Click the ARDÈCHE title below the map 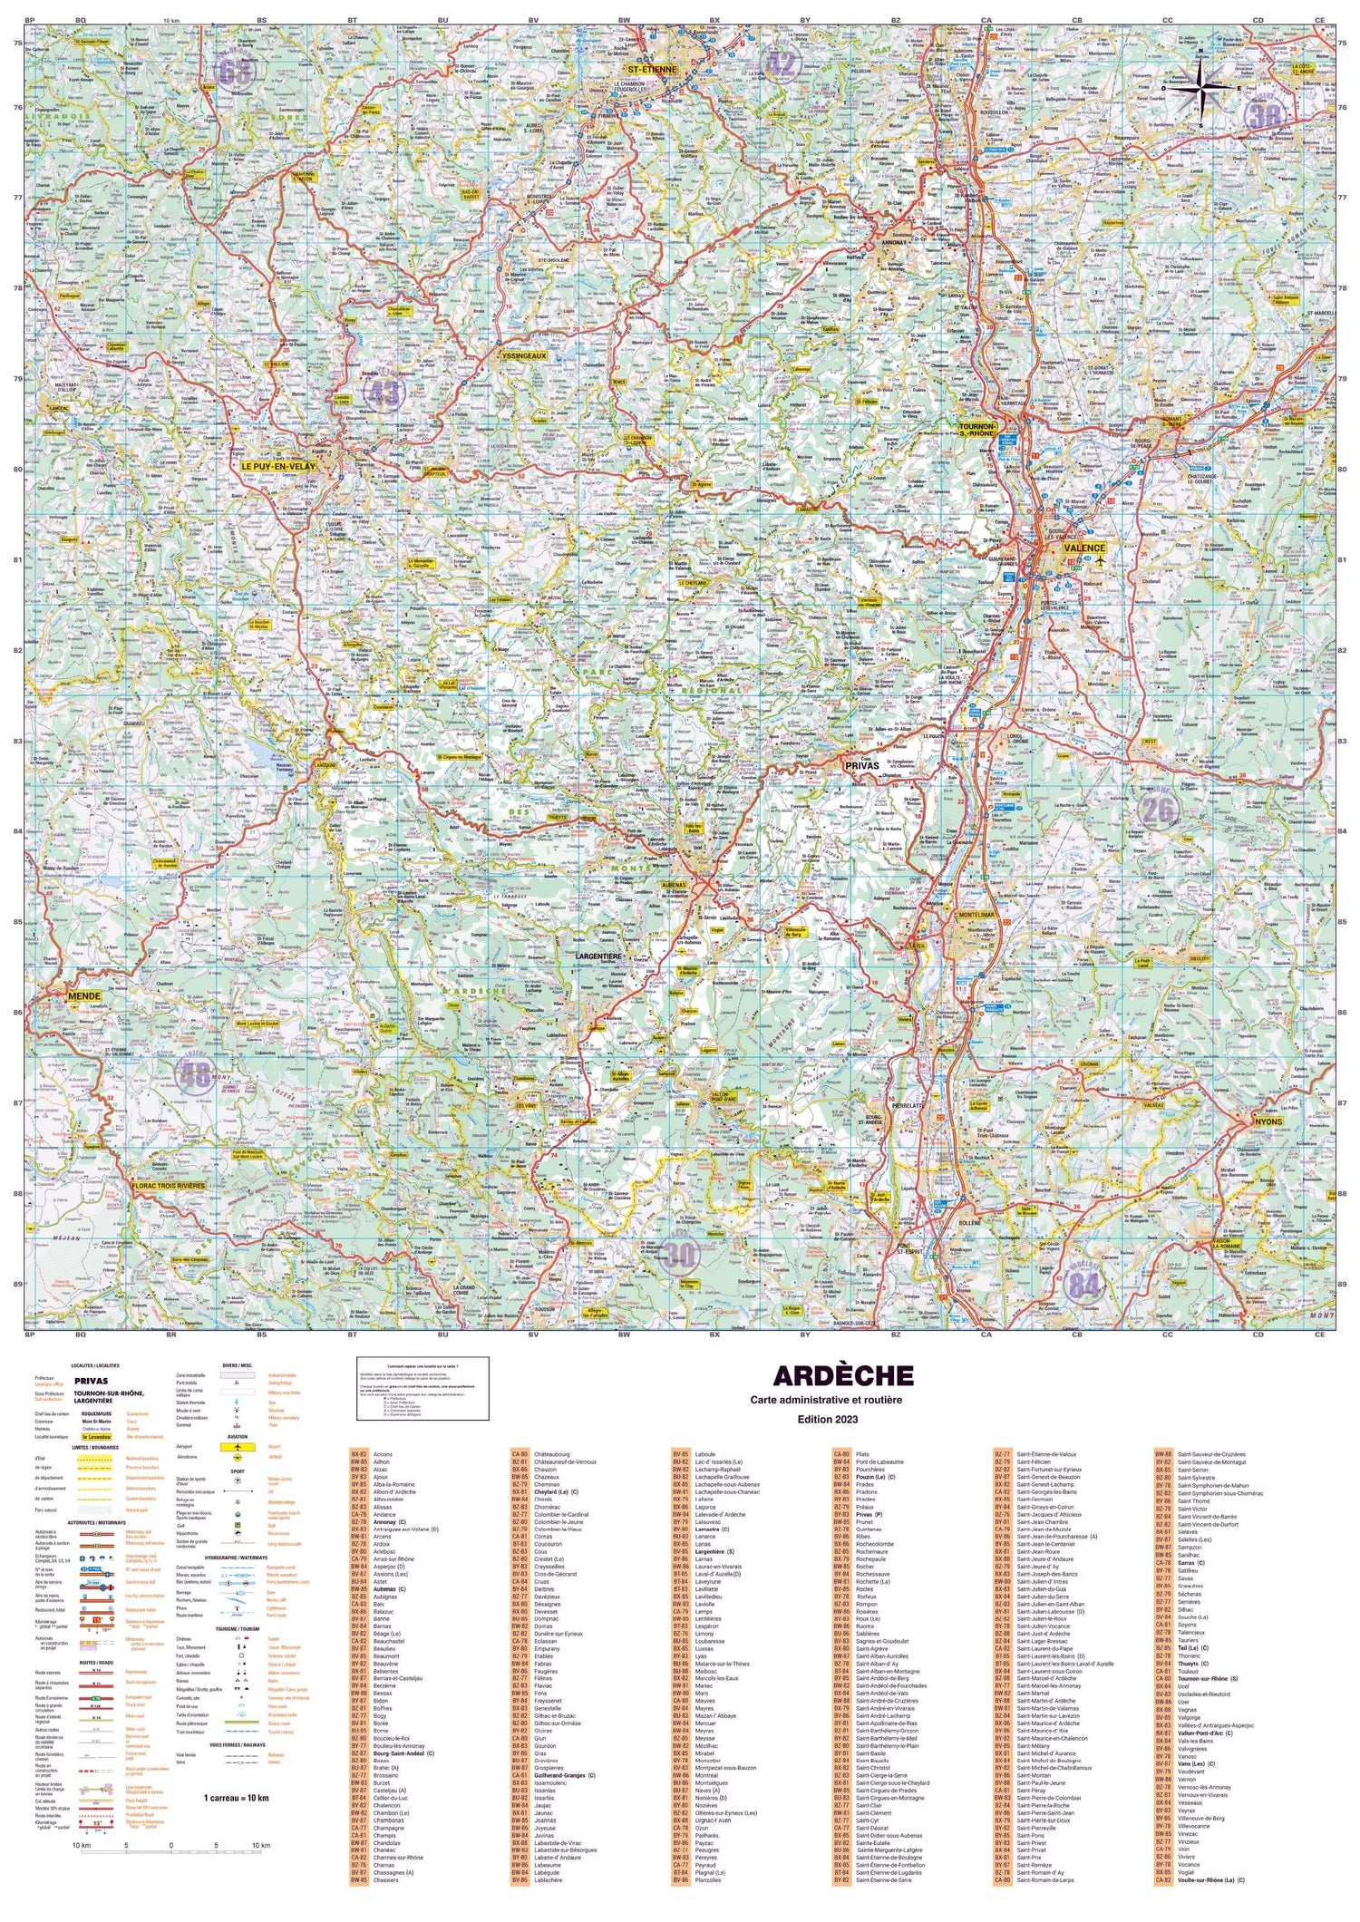pos(842,1375)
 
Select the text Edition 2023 pos(827,1419)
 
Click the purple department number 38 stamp pos(1263,115)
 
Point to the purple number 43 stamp pos(383,393)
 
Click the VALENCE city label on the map pos(1084,548)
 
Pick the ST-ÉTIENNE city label pos(651,69)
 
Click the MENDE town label pos(84,995)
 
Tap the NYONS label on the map pos(1268,1121)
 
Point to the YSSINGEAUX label pos(524,356)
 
